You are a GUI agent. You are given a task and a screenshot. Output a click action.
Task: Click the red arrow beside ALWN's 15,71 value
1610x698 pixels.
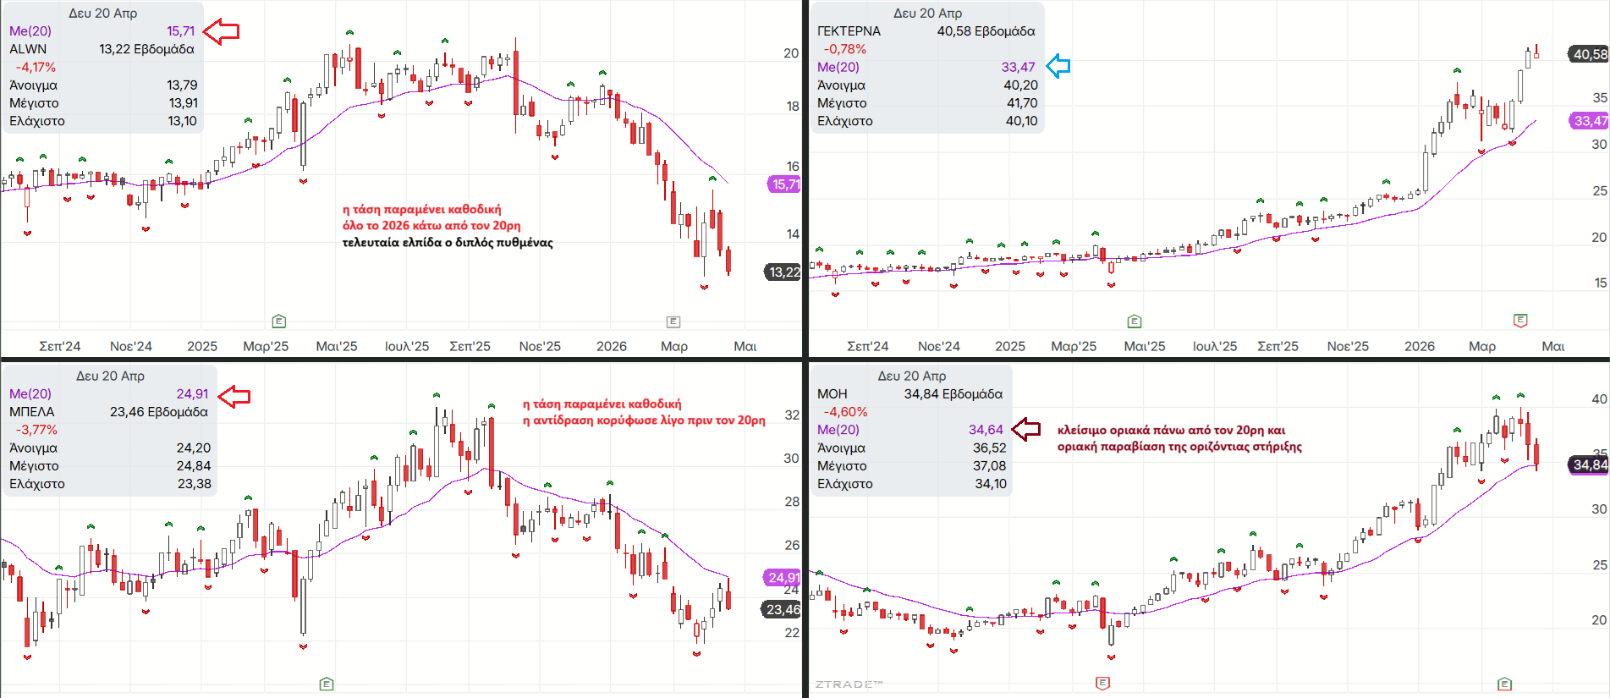222,31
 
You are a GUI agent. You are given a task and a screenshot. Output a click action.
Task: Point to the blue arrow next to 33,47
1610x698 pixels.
1058,66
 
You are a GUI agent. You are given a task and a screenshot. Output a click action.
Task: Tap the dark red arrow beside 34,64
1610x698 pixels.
1025,429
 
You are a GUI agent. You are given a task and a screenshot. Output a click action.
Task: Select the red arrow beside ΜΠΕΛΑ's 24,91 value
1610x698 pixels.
234,395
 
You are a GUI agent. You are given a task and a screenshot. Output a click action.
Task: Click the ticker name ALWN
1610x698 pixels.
28,49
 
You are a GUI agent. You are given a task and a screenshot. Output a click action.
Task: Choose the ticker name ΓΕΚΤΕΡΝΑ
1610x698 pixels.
849,31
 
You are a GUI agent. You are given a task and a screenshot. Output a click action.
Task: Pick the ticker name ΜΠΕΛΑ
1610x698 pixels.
31,412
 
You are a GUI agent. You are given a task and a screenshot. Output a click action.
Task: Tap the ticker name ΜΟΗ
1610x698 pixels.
832,394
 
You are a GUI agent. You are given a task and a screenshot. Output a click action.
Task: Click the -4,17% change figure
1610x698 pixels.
36,68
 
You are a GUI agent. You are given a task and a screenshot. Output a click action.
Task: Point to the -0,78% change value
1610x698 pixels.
844,49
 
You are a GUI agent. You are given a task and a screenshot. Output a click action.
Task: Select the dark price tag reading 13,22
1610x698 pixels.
783,272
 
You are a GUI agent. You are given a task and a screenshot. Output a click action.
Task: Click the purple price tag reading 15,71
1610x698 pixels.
784,184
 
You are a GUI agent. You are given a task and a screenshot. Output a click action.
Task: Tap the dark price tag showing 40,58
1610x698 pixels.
1589,54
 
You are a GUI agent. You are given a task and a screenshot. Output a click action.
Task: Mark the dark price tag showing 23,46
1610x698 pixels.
783,609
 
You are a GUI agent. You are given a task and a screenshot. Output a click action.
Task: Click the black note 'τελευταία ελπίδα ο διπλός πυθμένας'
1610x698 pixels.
448,243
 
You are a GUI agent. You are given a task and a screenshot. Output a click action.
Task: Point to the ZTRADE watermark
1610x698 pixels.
849,684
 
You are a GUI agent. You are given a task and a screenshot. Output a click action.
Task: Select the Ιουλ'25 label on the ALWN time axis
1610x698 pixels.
407,346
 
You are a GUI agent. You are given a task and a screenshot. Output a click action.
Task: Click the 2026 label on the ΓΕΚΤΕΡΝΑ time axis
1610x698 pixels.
1419,346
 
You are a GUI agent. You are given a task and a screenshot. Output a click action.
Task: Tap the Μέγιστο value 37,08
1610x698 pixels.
989,466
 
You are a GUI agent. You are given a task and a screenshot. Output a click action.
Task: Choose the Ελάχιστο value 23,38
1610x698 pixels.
194,484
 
